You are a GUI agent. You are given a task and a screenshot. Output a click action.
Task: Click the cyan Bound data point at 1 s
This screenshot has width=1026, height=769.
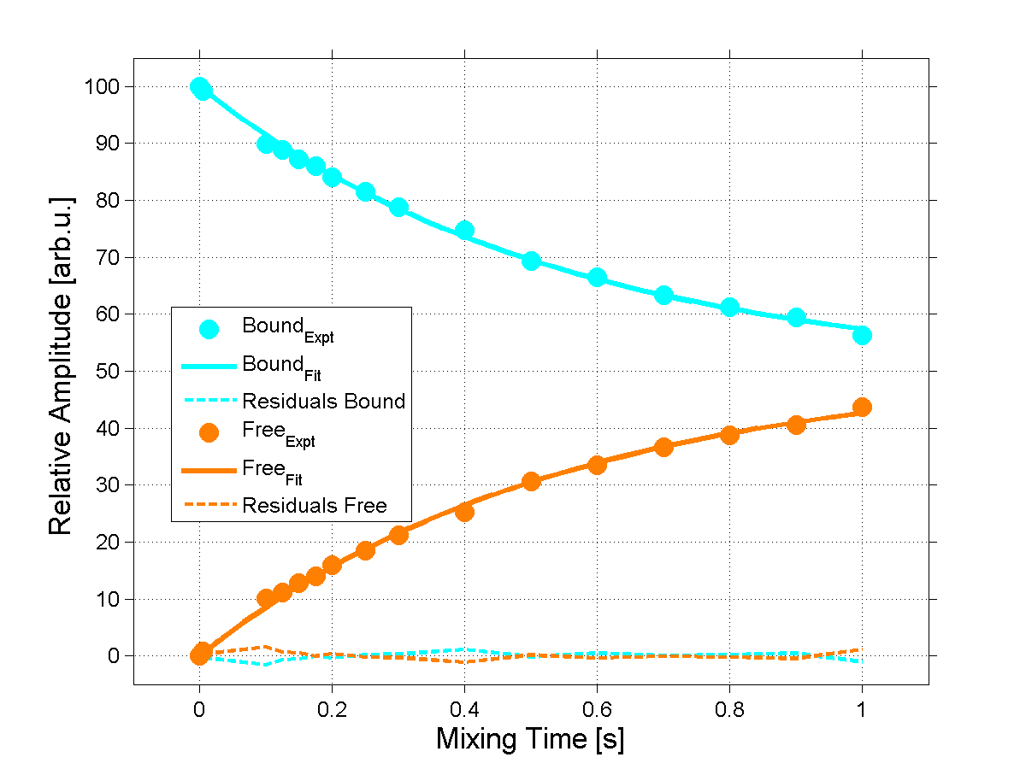(862, 335)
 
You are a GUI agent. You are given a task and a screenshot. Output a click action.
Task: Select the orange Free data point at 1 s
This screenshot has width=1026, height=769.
(862, 407)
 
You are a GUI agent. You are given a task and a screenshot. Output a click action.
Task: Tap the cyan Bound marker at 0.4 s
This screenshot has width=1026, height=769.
(464, 230)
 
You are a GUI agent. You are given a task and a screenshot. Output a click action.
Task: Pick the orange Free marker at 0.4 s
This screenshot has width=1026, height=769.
(464, 512)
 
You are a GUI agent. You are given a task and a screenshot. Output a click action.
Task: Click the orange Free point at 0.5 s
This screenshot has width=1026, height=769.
(531, 481)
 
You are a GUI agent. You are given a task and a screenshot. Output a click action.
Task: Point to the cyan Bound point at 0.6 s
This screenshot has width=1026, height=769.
(597, 277)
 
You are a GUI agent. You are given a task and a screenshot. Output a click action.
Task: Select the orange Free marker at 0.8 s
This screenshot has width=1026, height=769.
(729, 435)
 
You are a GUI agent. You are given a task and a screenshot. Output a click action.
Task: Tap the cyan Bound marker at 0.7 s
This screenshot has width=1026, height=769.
(663, 295)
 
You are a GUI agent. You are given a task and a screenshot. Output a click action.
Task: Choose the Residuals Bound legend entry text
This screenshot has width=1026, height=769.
(323, 401)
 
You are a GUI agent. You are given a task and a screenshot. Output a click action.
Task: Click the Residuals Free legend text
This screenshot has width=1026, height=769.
(314, 505)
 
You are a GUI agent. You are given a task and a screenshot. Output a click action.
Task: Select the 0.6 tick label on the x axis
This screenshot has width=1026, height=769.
(597, 707)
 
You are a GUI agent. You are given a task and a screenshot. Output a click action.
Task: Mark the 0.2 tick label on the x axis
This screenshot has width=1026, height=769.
(332, 707)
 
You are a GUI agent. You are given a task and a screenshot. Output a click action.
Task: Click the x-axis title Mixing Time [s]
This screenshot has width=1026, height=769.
(530, 738)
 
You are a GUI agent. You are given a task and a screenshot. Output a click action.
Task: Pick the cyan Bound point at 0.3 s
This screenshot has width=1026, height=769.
(398, 207)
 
